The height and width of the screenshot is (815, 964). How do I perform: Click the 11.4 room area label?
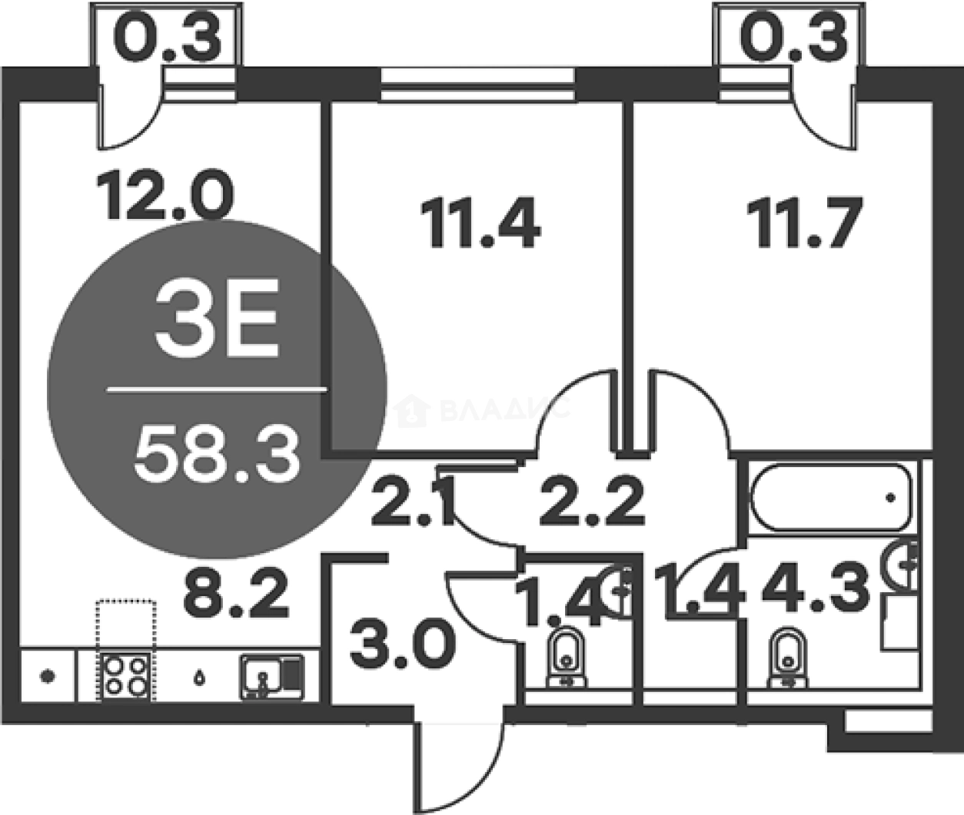pyautogui.click(x=480, y=224)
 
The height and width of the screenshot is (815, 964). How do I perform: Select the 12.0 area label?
pyautogui.click(x=165, y=195)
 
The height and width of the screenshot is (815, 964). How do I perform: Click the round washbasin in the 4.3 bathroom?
pyautogui.click(x=901, y=565)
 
